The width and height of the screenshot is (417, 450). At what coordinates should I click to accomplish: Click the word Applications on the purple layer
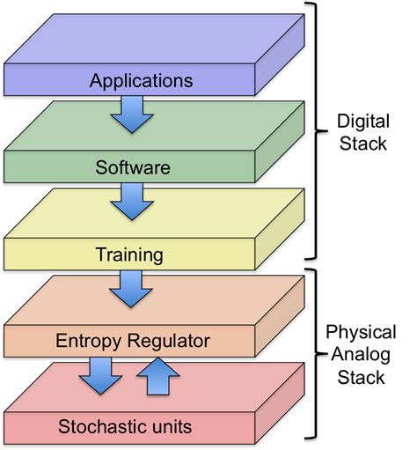140,81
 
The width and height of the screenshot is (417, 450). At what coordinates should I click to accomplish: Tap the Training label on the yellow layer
129,256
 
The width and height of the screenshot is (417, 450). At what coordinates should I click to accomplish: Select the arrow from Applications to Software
132,114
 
